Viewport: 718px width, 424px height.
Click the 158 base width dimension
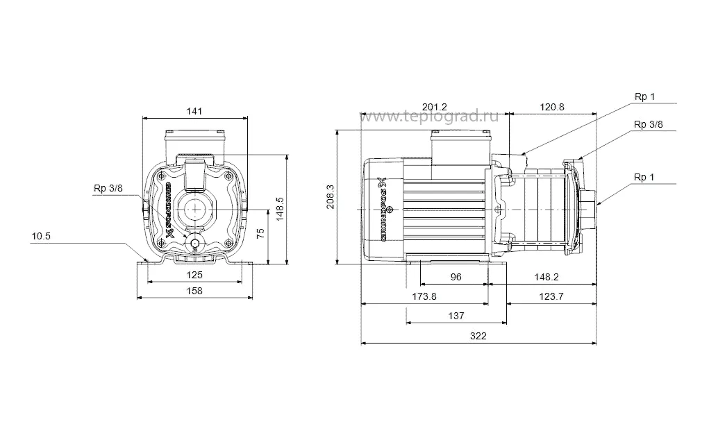[x=195, y=291]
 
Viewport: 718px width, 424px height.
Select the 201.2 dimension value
[x=435, y=107]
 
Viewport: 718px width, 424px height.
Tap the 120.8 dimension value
[x=553, y=107]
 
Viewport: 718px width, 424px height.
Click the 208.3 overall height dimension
[x=331, y=196]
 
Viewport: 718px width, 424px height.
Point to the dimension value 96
[x=456, y=277]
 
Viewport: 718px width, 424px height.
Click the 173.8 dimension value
[x=424, y=296]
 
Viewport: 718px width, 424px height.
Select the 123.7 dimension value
[x=552, y=296]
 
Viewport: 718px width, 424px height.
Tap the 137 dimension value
[x=456, y=316]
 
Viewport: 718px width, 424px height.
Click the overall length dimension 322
[x=478, y=336]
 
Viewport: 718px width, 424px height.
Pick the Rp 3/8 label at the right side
[x=648, y=124]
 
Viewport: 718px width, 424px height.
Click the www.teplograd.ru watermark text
[x=432, y=117]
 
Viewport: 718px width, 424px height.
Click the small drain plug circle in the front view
[x=196, y=244]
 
